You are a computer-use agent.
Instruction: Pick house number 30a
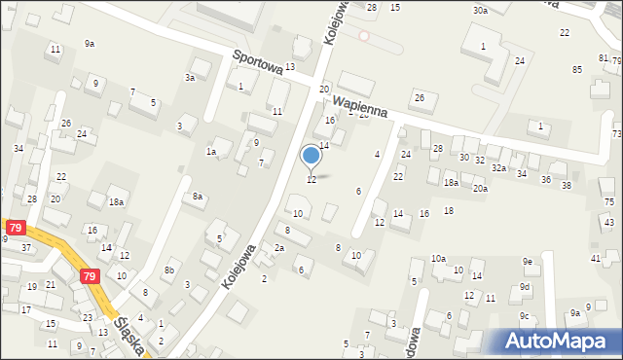click(x=480, y=10)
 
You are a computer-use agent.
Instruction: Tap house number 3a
click(x=192, y=77)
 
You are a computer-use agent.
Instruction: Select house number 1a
click(x=210, y=152)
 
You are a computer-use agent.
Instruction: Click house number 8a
click(x=198, y=197)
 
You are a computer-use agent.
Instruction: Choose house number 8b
click(x=169, y=270)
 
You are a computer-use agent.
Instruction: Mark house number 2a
click(x=278, y=248)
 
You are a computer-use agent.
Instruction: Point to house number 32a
click(x=498, y=168)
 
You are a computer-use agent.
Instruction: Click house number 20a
click(x=480, y=188)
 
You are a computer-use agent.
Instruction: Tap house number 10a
click(x=439, y=259)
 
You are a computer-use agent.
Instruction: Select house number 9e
click(x=527, y=262)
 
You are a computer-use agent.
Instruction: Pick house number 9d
click(x=525, y=287)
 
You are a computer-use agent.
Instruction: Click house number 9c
click(x=524, y=315)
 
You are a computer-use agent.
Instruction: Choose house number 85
click(x=577, y=69)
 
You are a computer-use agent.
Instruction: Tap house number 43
click(x=608, y=223)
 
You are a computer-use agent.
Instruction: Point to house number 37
click(x=26, y=247)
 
